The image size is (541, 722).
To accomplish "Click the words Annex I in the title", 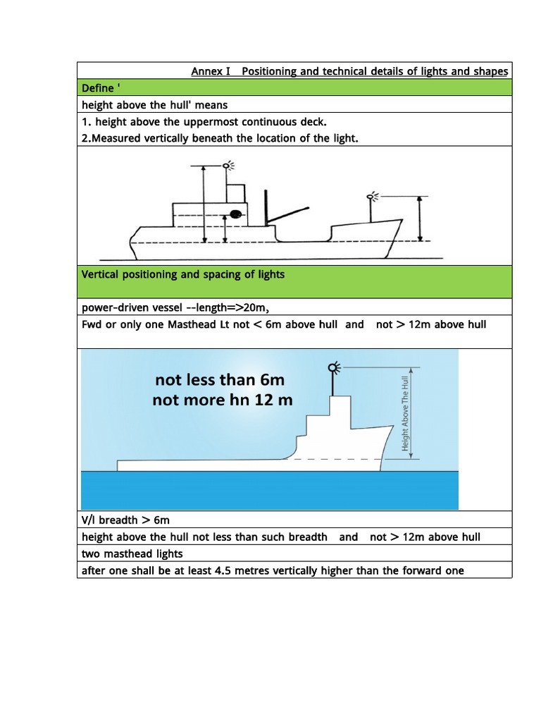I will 211,71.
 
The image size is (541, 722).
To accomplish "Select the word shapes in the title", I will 490,71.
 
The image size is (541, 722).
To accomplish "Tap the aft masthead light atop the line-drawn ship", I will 228,166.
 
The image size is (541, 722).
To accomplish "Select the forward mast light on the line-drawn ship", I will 372,195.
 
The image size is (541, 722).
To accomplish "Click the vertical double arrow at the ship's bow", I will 420,219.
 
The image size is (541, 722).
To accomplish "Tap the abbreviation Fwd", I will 92,324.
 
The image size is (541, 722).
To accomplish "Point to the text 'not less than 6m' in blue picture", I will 219,380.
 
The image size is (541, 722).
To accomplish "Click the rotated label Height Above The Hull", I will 406,413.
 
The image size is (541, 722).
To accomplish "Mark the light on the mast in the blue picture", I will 333,367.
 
